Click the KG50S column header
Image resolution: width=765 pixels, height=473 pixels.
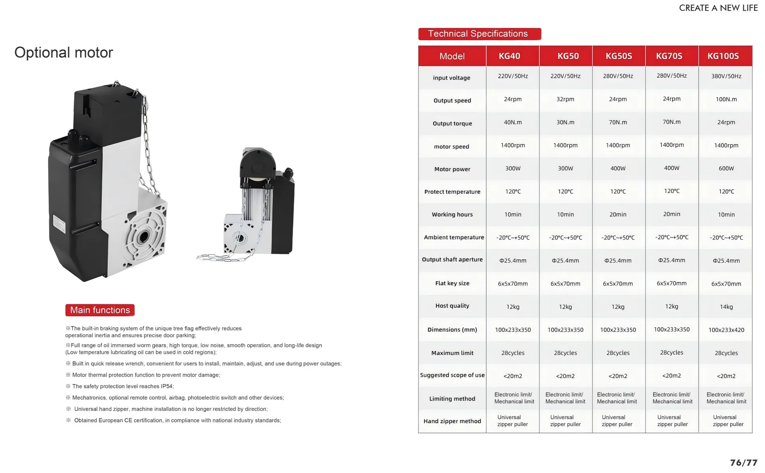[x=619, y=56]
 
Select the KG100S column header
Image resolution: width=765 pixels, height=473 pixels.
[x=723, y=56]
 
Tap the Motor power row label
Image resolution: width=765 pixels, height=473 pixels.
[x=452, y=169]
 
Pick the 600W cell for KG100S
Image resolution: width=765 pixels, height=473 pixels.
[x=726, y=169]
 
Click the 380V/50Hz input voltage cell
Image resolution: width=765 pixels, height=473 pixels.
[x=726, y=76]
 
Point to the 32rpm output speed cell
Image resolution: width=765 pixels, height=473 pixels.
[x=565, y=99]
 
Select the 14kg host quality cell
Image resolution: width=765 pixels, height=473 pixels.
[x=726, y=307]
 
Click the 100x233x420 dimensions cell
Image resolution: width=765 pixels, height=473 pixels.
[x=726, y=330]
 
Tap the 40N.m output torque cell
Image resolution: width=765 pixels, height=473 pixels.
[x=513, y=122]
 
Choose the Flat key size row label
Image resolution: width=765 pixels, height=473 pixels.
[x=452, y=283]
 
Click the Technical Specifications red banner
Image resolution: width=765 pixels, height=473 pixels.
[x=479, y=34]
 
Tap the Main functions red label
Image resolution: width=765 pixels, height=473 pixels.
[x=100, y=310]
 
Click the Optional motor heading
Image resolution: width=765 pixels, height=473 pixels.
[x=64, y=53]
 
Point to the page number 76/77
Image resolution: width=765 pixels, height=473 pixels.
[x=743, y=463]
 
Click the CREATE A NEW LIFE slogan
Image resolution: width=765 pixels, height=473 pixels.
[x=718, y=8]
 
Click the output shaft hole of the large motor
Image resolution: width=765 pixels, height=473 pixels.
[x=143, y=237]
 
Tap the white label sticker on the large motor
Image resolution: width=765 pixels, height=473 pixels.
[x=59, y=224]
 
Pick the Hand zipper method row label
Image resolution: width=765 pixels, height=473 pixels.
[x=452, y=421]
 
